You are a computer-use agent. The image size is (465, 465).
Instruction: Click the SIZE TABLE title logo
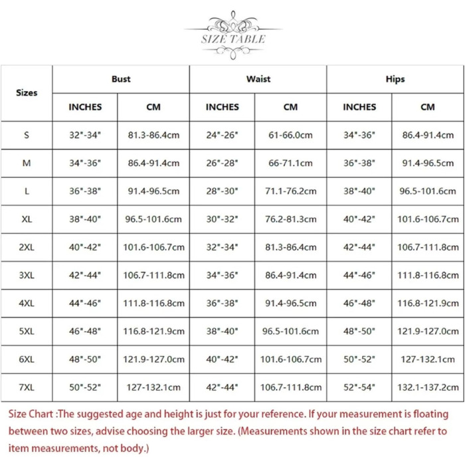pos(233,35)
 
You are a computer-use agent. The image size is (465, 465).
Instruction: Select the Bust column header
pos(121,79)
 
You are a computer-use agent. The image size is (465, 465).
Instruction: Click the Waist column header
pos(258,79)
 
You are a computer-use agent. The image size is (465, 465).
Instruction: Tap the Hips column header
pos(395,79)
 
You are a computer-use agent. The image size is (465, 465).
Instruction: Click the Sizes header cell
pos(27,92)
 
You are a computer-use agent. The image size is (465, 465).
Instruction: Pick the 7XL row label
pos(27,387)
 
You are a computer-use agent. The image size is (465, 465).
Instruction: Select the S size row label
pos(27,135)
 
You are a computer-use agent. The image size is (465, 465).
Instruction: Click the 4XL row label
pos(27,303)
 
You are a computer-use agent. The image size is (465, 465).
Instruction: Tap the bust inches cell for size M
pos(85,163)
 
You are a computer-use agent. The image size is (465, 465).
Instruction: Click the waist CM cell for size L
pos(291,191)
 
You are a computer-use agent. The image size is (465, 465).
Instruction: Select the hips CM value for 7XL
pos(428,387)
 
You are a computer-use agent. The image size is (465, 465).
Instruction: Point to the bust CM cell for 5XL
pos(153,331)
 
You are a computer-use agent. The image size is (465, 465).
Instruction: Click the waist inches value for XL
pos(222,219)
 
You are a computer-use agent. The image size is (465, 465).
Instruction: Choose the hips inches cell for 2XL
pos(359,247)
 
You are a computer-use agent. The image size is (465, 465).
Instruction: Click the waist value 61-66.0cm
pos(291,135)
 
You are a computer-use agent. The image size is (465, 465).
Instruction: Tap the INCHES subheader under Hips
pos(359,107)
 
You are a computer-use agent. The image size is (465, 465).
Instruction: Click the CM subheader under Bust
pos(153,107)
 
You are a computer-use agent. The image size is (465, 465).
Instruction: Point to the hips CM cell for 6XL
pos(428,359)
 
